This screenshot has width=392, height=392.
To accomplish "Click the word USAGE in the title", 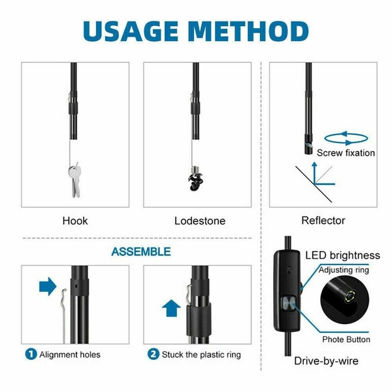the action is pyautogui.click(x=130, y=31).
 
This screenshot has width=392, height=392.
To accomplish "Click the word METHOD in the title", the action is pyautogui.click(x=248, y=31).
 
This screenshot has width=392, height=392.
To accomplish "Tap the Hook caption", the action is pyautogui.click(x=75, y=221).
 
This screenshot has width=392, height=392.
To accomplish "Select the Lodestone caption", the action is pyautogui.click(x=200, y=221).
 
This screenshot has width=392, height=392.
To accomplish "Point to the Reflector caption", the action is pyautogui.click(x=323, y=221).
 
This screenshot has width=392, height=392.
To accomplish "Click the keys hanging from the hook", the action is pyautogui.click(x=75, y=180).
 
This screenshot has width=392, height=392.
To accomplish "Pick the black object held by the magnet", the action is pyautogui.click(x=195, y=182).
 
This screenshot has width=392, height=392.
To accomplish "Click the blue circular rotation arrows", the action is pyautogui.click(x=346, y=138).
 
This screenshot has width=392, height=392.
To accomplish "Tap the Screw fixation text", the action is pyautogui.click(x=346, y=153).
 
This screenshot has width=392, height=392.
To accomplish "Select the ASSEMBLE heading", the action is pyautogui.click(x=141, y=252).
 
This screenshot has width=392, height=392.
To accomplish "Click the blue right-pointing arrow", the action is pyautogui.click(x=48, y=286).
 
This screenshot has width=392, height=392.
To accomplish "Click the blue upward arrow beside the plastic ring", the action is pyautogui.click(x=171, y=308).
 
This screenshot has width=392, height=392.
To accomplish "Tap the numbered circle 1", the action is pyautogui.click(x=31, y=354).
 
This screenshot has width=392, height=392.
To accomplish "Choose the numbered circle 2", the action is pyautogui.click(x=154, y=354).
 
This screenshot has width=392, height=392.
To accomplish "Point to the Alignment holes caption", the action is pyautogui.click(x=70, y=355).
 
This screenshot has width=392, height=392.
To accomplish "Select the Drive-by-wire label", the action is pyautogui.click(x=326, y=361).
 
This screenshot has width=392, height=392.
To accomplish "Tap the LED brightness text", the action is pyautogui.click(x=342, y=255).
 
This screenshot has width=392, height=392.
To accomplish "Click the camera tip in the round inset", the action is pyautogui.click(x=350, y=296).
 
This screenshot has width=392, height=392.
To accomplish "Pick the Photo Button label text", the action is pyautogui.click(x=346, y=340).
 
